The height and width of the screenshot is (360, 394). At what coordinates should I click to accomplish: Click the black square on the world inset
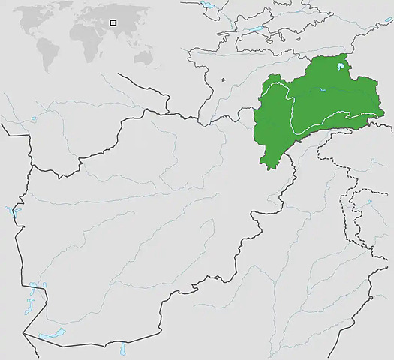113,22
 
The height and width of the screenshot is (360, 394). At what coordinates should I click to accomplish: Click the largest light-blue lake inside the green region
341,68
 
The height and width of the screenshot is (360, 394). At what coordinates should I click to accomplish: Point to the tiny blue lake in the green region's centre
322,90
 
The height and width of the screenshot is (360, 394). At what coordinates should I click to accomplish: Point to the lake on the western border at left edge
10,212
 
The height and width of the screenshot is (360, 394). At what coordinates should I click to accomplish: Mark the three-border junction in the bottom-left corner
23,335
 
